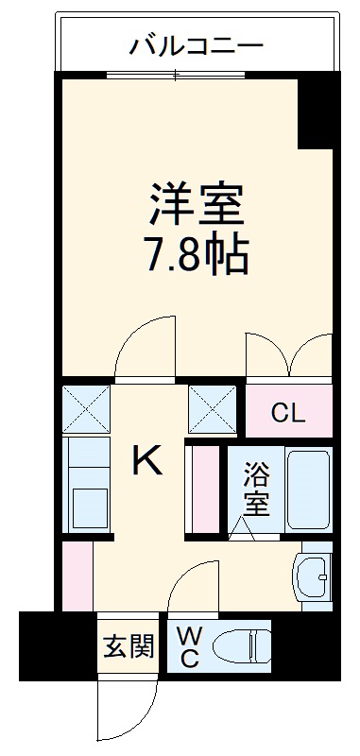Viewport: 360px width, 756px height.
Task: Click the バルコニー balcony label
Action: (197, 43)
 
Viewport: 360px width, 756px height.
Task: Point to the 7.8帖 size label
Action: (197, 252)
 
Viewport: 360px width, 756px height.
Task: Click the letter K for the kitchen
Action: (147, 462)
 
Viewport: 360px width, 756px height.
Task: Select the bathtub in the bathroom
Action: (308, 489)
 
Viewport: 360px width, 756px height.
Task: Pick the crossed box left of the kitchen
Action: (86, 406)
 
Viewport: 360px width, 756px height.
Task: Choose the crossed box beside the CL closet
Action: (213, 406)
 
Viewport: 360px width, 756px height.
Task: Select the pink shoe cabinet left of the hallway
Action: (77, 576)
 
